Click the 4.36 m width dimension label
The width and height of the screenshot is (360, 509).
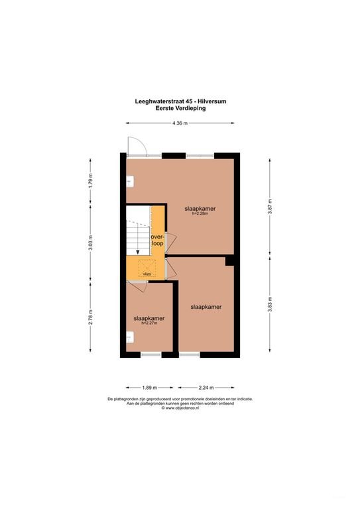click(x=180, y=123)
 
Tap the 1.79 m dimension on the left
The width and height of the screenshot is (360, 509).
click(x=91, y=180)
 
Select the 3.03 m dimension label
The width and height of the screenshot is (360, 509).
click(x=91, y=243)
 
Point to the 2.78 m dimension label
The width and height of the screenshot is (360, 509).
click(x=91, y=317)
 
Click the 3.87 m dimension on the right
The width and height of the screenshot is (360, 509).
click(x=270, y=206)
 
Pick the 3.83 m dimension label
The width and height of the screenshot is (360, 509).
click(x=270, y=304)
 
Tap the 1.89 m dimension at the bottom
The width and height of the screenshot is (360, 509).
click(x=150, y=388)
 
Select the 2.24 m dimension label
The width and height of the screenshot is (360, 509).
click(x=206, y=388)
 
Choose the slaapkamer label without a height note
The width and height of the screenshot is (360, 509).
click(x=206, y=307)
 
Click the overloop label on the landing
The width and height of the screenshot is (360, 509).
click(x=157, y=240)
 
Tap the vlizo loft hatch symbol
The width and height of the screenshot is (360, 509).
click(x=147, y=268)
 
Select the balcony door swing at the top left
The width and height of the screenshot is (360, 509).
click(x=138, y=146)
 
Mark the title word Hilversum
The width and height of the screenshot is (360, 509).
click(x=214, y=101)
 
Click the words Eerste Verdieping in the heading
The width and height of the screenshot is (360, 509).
click(x=180, y=109)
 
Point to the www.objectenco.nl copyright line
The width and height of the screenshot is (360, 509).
click(x=180, y=408)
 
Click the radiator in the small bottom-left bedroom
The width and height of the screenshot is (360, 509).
click(x=130, y=337)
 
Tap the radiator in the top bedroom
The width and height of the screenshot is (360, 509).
click(x=130, y=182)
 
